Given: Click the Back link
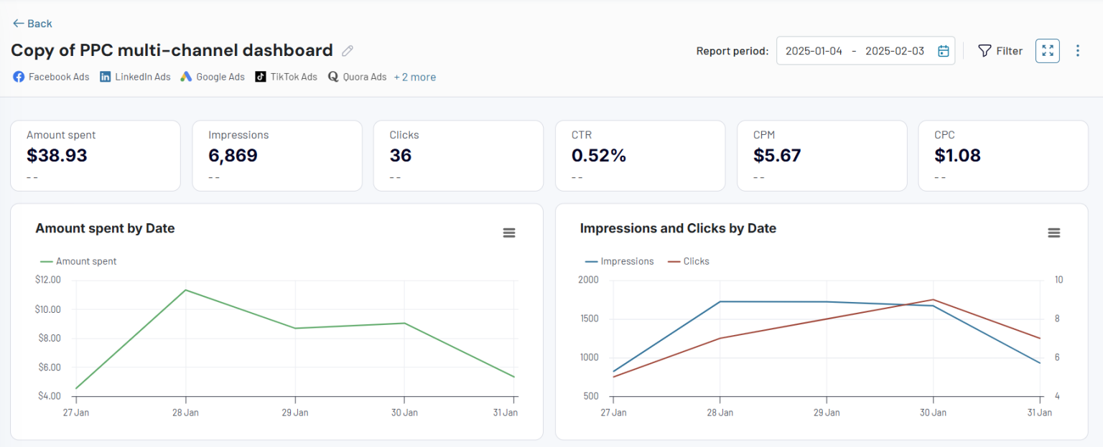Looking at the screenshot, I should [x=32, y=24].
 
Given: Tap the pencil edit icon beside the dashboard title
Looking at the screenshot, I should [x=348, y=50].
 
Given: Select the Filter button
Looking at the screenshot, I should [x=1000, y=51].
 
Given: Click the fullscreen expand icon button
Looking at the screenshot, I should [x=1047, y=51].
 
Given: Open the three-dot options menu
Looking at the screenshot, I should [x=1077, y=51].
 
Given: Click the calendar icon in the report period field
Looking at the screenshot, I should [x=944, y=51].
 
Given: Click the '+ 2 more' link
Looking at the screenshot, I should [x=414, y=77].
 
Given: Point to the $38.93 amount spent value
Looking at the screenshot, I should [x=57, y=156].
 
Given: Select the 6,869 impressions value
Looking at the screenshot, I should [x=233, y=156].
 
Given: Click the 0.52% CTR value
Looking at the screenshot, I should [x=599, y=156].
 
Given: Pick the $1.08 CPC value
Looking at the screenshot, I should [x=957, y=156].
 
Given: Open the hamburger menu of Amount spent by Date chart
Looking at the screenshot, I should [x=508, y=232].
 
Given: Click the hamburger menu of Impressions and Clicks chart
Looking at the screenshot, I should [x=1053, y=232].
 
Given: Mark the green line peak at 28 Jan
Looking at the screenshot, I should [x=185, y=290].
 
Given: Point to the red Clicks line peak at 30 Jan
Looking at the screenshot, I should [x=933, y=300].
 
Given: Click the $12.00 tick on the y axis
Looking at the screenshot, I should [x=48, y=280].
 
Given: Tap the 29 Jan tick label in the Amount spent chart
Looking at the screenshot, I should [x=294, y=413].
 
